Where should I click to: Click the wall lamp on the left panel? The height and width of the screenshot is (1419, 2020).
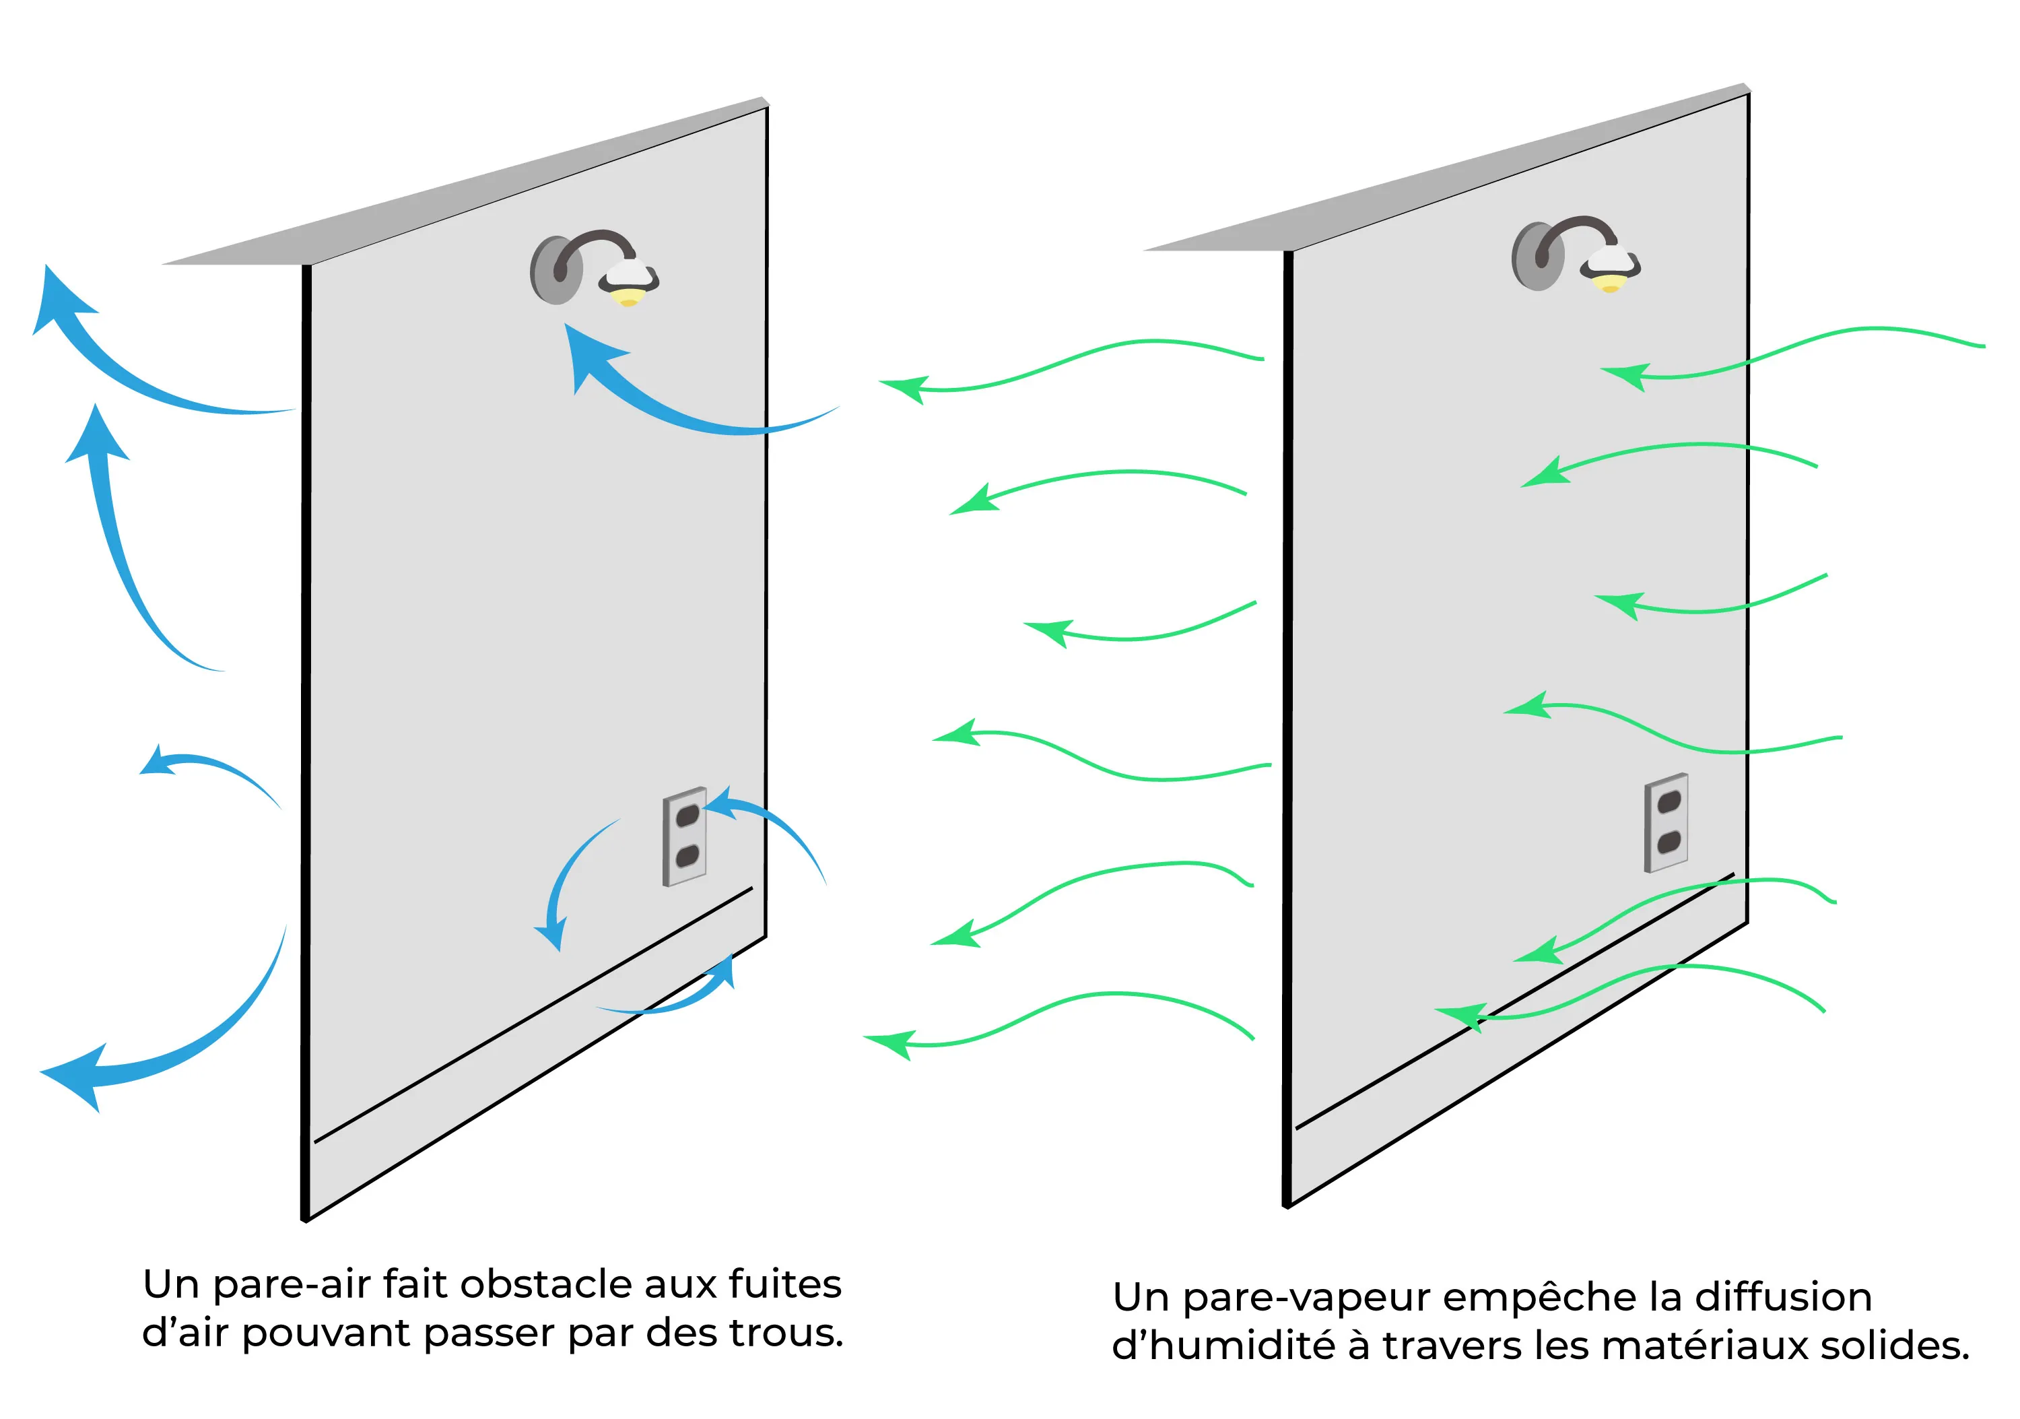coord(595,268)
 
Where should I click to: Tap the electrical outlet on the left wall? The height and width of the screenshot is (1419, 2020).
coord(685,836)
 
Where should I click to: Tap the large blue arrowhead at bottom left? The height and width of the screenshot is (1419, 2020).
coord(79,1075)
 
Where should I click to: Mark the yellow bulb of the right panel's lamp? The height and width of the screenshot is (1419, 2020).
coord(1609,284)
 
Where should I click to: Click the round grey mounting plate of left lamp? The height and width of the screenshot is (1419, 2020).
coord(553,270)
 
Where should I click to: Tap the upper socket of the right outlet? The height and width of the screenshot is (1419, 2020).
coord(1668,802)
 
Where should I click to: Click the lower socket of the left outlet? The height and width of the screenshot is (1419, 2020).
coord(686,856)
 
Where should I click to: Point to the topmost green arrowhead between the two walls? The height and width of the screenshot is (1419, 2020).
coord(906,387)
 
